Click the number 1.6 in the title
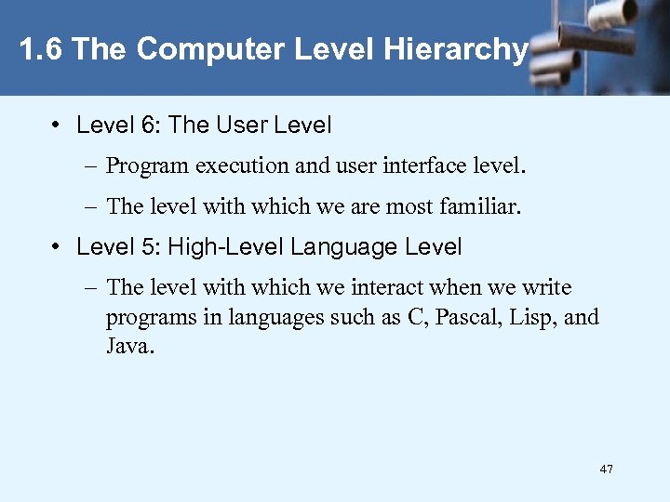point(41,50)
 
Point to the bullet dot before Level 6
point(58,124)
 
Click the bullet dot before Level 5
point(58,247)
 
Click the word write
point(548,288)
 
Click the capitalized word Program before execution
point(144,167)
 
